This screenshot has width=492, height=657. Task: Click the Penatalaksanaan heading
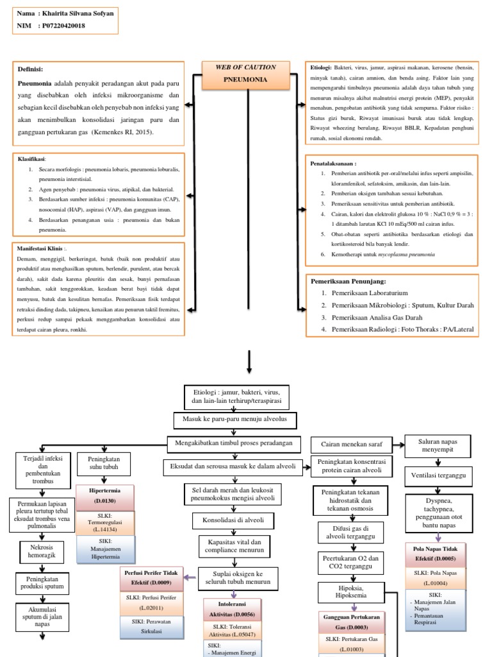pos(333,164)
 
